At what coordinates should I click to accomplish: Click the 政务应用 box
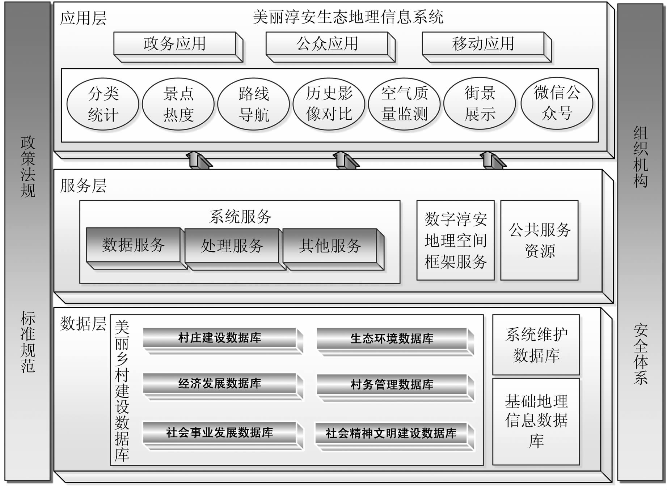click(x=175, y=44)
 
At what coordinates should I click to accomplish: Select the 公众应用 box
click(x=327, y=44)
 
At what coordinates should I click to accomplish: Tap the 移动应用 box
click(x=483, y=44)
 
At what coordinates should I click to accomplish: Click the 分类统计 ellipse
click(x=103, y=104)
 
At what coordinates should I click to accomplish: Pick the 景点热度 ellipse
click(x=178, y=104)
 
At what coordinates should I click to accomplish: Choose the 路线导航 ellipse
click(x=254, y=104)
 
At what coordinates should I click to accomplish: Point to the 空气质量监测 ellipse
click(x=404, y=103)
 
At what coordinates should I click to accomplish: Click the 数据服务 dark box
click(x=133, y=245)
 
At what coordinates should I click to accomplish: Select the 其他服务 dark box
click(x=330, y=246)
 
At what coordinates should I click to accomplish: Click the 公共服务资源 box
click(x=539, y=240)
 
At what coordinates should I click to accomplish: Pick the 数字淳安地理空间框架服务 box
click(x=455, y=240)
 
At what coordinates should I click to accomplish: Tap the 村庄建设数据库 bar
click(x=220, y=338)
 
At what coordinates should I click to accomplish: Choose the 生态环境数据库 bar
click(x=392, y=338)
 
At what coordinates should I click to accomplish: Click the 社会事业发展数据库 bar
click(x=220, y=433)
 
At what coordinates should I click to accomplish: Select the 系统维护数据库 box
click(x=536, y=345)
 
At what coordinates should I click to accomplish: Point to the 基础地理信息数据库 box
click(x=536, y=421)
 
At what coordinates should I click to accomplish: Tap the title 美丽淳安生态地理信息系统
click(x=348, y=17)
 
